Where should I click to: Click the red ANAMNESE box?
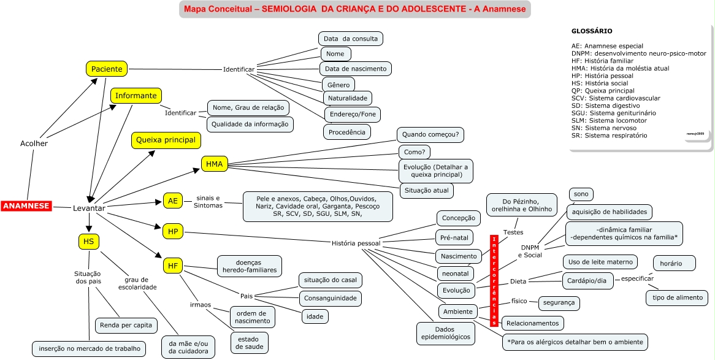click(x=26, y=207)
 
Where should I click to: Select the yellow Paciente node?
click(x=107, y=69)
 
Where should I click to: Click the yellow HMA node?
click(x=215, y=164)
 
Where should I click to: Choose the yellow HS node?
click(x=89, y=242)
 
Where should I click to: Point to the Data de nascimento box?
click(x=356, y=68)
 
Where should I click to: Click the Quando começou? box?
click(x=431, y=134)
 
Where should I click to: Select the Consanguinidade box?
click(x=329, y=299)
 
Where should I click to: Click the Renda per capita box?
click(x=125, y=324)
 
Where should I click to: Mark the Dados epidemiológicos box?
click(x=445, y=332)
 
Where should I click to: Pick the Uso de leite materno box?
click(x=600, y=262)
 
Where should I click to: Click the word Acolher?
click(x=34, y=144)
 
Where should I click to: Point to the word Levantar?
click(x=89, y=209)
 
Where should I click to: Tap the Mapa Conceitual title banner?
click(x=355, y=10)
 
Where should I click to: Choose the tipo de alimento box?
click(x=677, y=298)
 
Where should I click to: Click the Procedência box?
click(x=346, y=131)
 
